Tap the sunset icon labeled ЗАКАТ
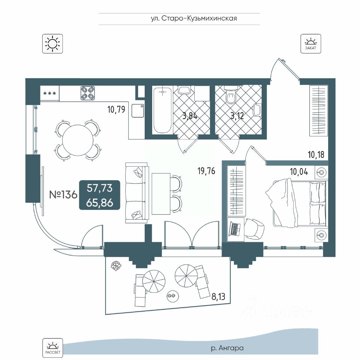point(310,43)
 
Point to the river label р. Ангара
point(227,348)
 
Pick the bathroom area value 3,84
point(190,115)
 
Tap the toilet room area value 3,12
point(237,115)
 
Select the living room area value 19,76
point(206,171)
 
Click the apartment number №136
point(63,195)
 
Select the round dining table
point(78,140)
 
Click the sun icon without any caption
point(52,43)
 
